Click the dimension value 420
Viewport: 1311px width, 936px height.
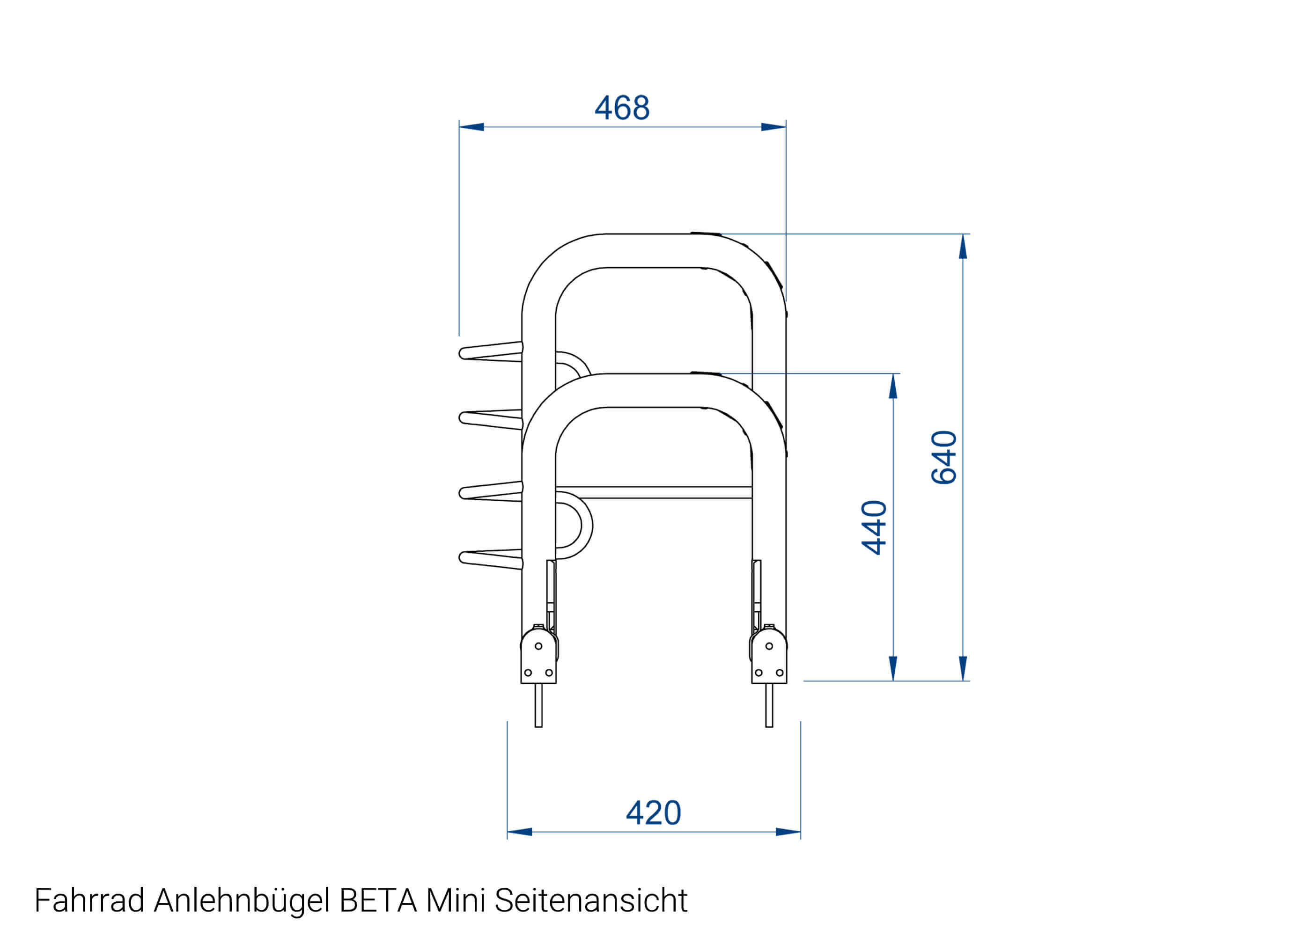[x=653, y=813]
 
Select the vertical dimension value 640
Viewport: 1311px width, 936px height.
[x=944, y=457]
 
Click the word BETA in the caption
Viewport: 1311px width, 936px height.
[x=378, y=900]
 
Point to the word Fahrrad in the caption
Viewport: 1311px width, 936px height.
[x=89, y=900]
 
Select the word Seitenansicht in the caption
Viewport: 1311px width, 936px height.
[x=590, y=900]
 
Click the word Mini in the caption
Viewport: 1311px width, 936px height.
[x=456, y=900]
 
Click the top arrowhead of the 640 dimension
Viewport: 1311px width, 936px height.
[x=962, y=247]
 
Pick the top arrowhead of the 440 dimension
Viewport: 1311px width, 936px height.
[x=893, y=386]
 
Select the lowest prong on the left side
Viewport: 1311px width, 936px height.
[x=490, y=560]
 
